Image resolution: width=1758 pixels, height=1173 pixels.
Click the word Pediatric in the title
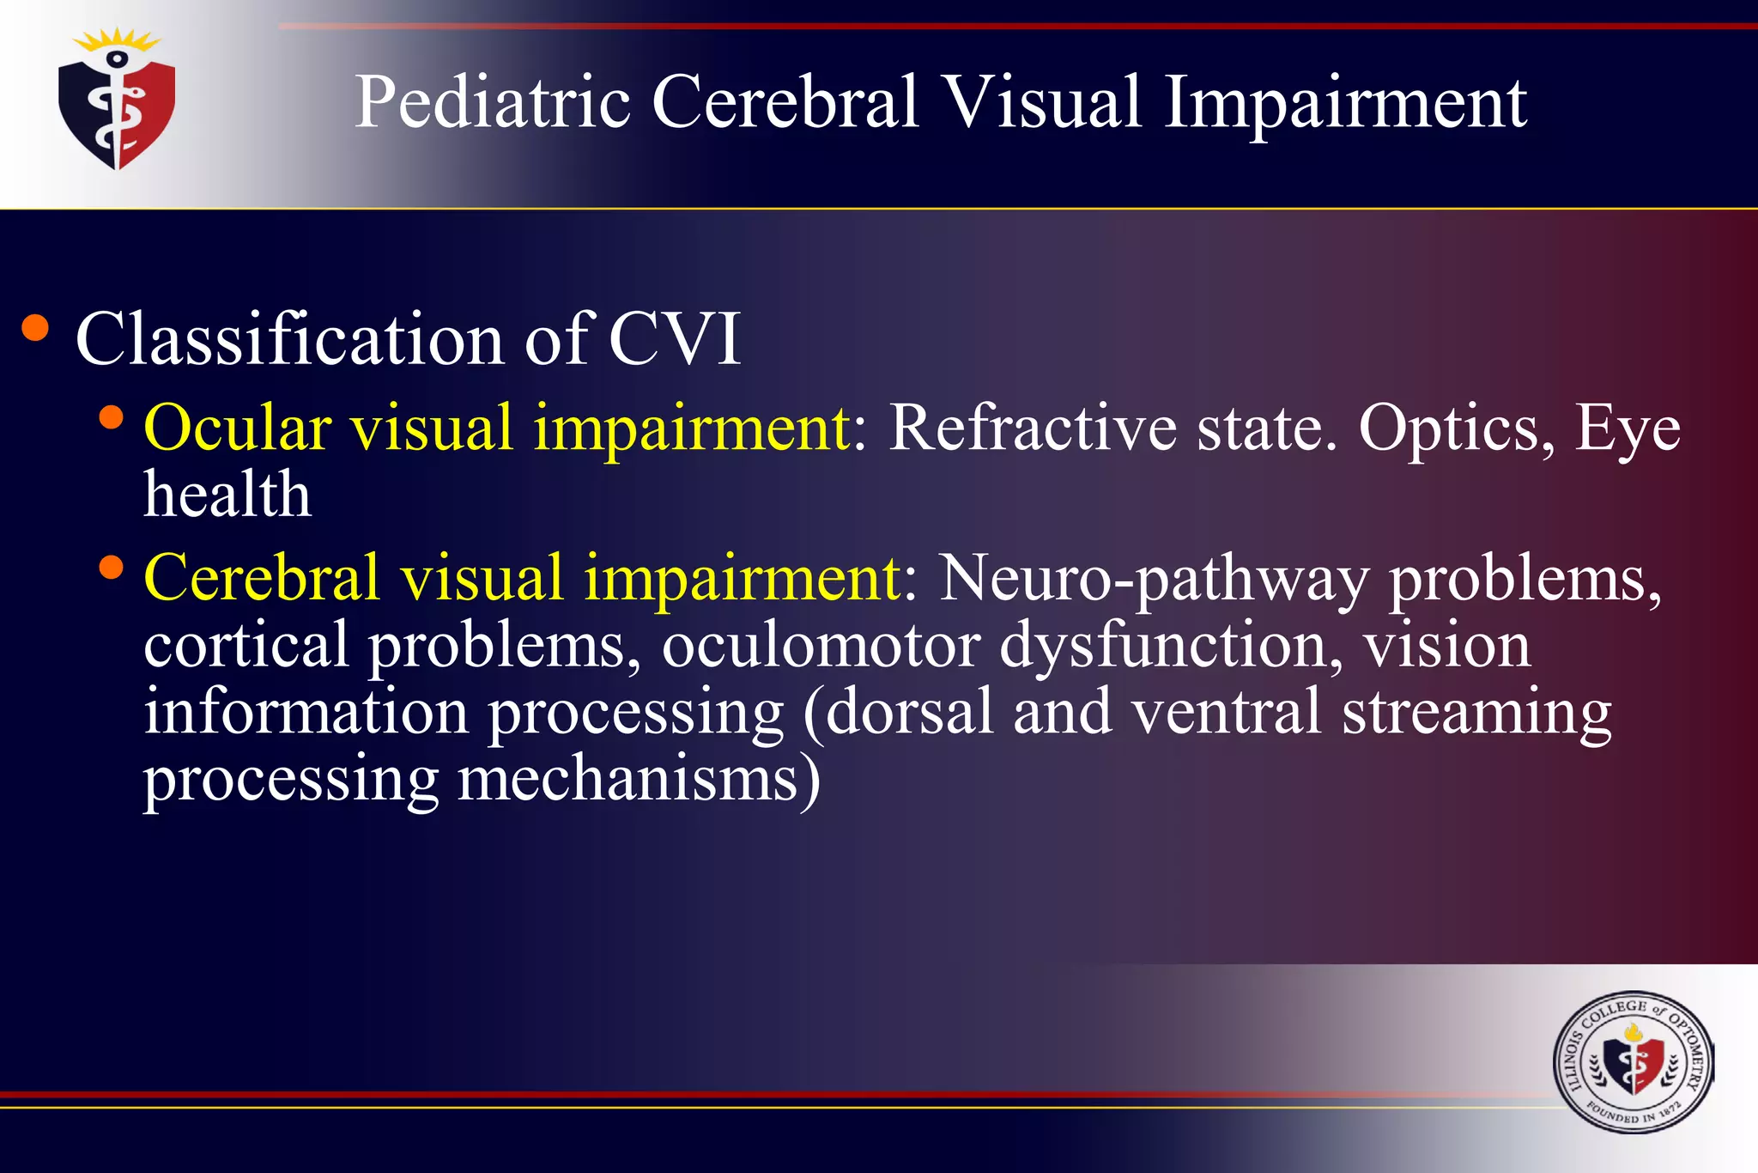[x=493, y=102]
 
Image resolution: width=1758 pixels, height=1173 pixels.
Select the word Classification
[x=289, y=339]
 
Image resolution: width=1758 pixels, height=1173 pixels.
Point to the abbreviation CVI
[x=675, y=339]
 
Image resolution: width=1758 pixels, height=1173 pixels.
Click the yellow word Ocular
[x=238, y=427]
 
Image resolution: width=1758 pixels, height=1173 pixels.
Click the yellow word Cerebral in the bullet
[x=262, y=577]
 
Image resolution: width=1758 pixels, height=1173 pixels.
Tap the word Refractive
[x=1033, y=427]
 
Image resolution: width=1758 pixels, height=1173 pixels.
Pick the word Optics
[x=1456, y=427]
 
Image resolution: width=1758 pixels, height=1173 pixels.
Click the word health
[x=227, y=495]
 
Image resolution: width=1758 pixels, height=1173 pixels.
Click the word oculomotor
[x=821, y=645]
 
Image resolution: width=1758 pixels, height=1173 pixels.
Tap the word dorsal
[x=909, y=712]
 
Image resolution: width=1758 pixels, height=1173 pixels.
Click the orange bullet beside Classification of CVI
[x=35, y=328]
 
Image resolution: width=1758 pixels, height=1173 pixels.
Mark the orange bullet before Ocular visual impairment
[x=111, y=417]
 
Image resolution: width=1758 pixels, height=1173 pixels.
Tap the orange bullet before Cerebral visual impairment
[x=111, y=567]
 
